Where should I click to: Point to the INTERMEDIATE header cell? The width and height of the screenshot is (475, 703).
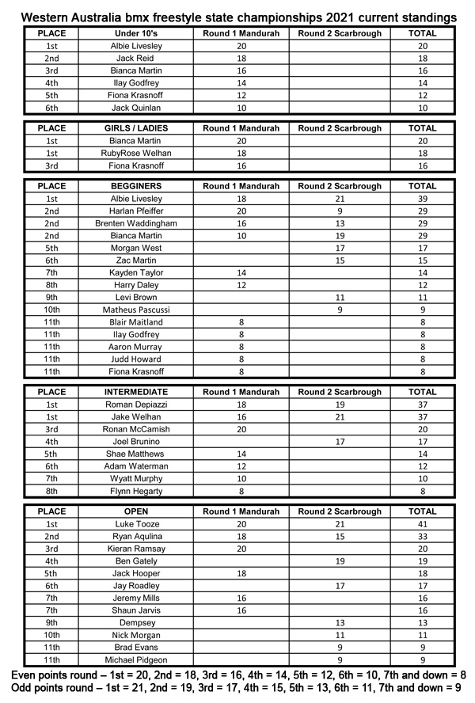[x=136, y=392]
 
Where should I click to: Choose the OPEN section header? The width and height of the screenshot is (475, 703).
[x=136, y=511]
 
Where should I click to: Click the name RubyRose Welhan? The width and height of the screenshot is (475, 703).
[x=136, y=153]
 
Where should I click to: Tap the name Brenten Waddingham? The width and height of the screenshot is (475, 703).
[x=136, y=223]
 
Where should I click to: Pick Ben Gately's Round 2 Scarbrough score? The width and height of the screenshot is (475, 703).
[x=340, y=560]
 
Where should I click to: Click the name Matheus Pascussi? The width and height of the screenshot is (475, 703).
[x=136, y=310]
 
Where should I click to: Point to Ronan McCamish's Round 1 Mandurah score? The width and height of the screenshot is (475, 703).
[x=241, y=429]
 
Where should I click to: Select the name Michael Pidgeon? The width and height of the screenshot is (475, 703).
[x=136, y=659]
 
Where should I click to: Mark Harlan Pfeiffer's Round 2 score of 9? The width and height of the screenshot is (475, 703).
[x=340, y=211]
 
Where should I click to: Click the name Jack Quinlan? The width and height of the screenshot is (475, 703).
[x=136, y=108]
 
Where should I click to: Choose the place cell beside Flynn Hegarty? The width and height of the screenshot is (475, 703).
[x=51, y=491]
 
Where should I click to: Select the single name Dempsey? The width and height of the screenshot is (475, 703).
[x=136, y=622]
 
